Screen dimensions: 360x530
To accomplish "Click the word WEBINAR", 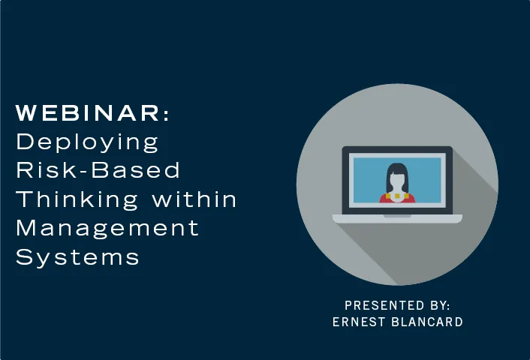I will (89, 114).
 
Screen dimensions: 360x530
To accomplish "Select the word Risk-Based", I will (98, 169).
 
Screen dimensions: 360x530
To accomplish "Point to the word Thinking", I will (77, 199).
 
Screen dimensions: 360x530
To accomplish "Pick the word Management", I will (107, 227).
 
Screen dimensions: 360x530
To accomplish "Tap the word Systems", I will (78, 256).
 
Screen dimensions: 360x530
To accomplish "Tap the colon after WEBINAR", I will (166, 115).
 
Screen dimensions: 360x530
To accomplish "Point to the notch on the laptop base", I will (397, 215).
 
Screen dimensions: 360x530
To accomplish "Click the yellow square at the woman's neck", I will (387, 196).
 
